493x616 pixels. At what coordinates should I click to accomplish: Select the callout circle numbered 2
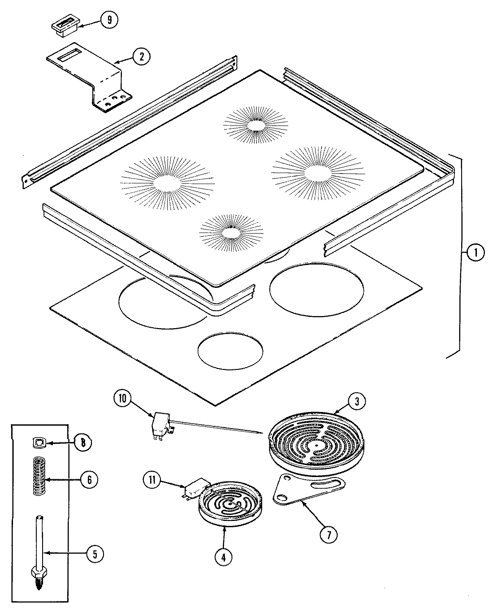[141, 56]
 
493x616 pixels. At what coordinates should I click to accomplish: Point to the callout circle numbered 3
[356, 402]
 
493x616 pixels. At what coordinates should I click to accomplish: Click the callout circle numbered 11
[152, 480]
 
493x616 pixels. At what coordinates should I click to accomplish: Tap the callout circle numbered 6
[89, 480]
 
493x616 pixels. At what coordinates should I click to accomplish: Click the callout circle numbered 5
[94, 554]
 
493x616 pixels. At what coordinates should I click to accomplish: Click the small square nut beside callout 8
[39, 442]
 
